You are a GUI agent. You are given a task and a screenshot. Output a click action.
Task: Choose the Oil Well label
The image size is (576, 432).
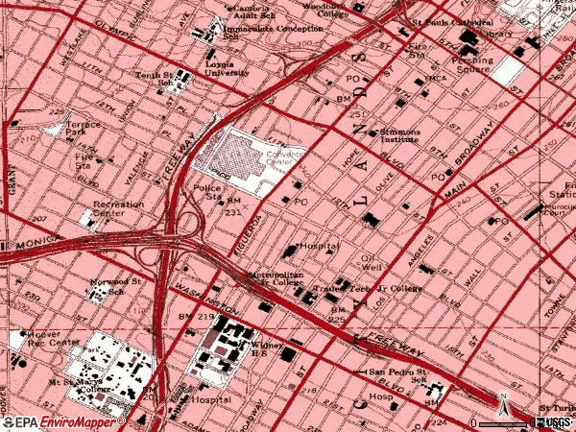tap(372, 263)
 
